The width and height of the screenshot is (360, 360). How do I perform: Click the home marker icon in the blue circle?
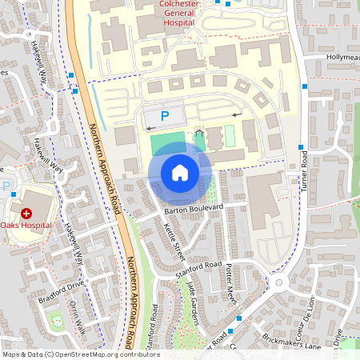coord(180,173)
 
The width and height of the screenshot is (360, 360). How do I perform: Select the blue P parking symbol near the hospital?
coord(165,117)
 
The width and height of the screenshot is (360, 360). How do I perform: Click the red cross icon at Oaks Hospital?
coord(26,214)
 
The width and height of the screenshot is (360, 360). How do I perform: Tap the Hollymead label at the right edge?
coord(342,58)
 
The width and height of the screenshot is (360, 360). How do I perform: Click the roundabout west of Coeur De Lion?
coord(279,282)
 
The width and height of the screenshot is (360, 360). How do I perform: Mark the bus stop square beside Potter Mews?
coord(230,330)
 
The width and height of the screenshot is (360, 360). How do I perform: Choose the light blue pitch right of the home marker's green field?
coord(230,136)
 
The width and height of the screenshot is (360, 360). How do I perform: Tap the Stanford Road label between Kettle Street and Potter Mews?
coord(201,265)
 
